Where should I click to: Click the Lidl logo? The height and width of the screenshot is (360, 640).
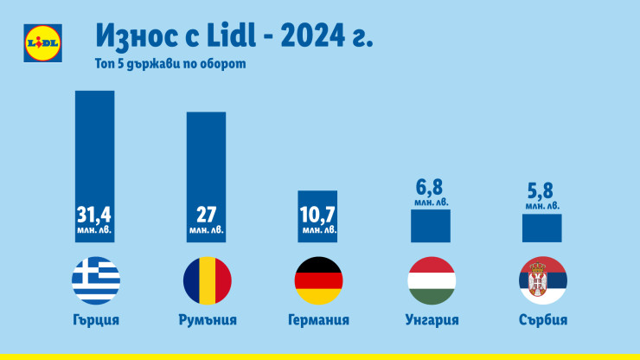click(41, 42)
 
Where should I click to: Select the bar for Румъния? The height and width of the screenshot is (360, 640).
click(207, 156)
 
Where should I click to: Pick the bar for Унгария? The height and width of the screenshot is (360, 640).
click(430, 225)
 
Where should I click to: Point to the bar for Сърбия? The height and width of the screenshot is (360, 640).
click(542, 228)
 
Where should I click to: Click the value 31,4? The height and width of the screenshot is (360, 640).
click(95, 214)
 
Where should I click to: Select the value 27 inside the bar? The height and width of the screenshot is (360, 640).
click(207, 214)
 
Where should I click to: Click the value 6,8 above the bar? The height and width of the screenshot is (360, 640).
click(430, 188)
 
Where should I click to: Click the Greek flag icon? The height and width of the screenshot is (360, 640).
click(95, 280)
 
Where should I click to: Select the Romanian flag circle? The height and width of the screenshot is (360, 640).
click(207, 280)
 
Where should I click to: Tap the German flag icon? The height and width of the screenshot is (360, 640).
click(318, 280)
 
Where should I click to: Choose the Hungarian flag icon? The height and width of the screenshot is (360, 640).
click(430, 280)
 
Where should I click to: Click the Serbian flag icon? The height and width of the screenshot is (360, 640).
click(542, 280)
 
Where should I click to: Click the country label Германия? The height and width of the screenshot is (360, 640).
click(318, 319)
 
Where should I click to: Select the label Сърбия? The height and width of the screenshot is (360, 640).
click(542, 319)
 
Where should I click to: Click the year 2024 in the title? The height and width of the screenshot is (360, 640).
click(318, 37)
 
